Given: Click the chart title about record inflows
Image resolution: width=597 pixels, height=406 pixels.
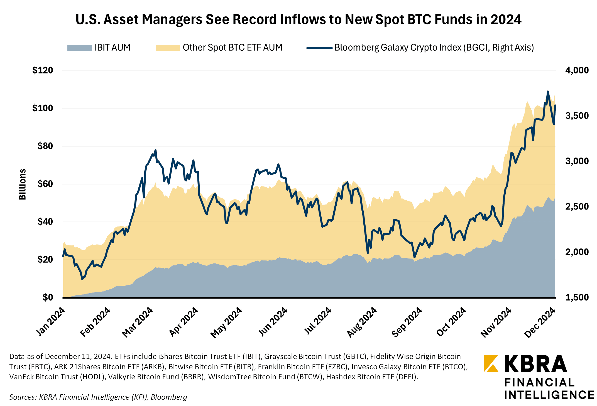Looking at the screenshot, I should tap(298, 19).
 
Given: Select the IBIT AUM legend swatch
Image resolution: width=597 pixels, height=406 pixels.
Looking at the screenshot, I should tap(79, 48).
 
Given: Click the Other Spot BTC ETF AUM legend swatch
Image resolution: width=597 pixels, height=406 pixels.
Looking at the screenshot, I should tap(168, 48).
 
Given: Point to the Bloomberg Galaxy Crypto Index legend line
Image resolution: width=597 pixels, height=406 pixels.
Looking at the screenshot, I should tap(319, 48).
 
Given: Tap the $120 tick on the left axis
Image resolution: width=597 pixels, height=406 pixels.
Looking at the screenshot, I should tap(43, 70).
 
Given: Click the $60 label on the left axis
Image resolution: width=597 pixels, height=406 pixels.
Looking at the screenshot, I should tap(45, 184).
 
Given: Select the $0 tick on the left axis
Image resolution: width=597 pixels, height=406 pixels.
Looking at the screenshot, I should tap(48, 297).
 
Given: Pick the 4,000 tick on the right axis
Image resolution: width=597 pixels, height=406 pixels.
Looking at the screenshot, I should tap(577, 70).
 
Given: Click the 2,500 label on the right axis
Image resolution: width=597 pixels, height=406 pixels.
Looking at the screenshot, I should tap(577, 206).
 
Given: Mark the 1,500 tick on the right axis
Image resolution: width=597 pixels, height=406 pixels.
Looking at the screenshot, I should tap(577, 297).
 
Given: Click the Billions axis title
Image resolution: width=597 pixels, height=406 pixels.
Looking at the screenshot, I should tap(22, 184).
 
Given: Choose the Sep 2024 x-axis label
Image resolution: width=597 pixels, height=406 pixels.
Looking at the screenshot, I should tap(407, 323).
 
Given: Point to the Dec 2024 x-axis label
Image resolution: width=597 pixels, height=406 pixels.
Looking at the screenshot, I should tap(540, 323).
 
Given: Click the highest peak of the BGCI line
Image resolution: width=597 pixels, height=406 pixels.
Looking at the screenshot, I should tap(548, 92).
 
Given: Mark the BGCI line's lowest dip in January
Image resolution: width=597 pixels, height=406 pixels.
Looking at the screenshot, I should tap(82, 279).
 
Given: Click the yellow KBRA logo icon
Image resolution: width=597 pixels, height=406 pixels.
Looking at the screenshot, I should tap(491, 363).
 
